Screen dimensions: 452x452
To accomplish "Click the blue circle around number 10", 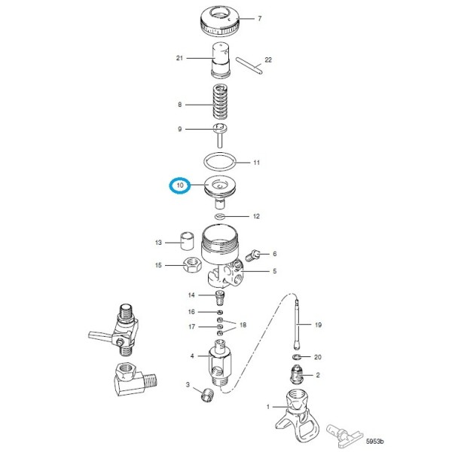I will coord(180,185).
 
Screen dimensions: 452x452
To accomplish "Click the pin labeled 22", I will coord(248,67).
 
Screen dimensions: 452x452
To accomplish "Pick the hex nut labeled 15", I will coord(191,265).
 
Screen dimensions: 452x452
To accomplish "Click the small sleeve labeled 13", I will coord(188,243).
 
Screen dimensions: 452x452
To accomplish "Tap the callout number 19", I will coord(318,325).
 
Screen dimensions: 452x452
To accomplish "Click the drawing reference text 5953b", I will coord(374,441).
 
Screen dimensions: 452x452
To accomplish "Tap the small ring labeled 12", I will coord(219,216).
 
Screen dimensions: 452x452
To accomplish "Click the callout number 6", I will coord(275,254).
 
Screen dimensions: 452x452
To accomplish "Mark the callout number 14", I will coord(191,295).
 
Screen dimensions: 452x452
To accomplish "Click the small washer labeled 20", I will coord(296,356).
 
